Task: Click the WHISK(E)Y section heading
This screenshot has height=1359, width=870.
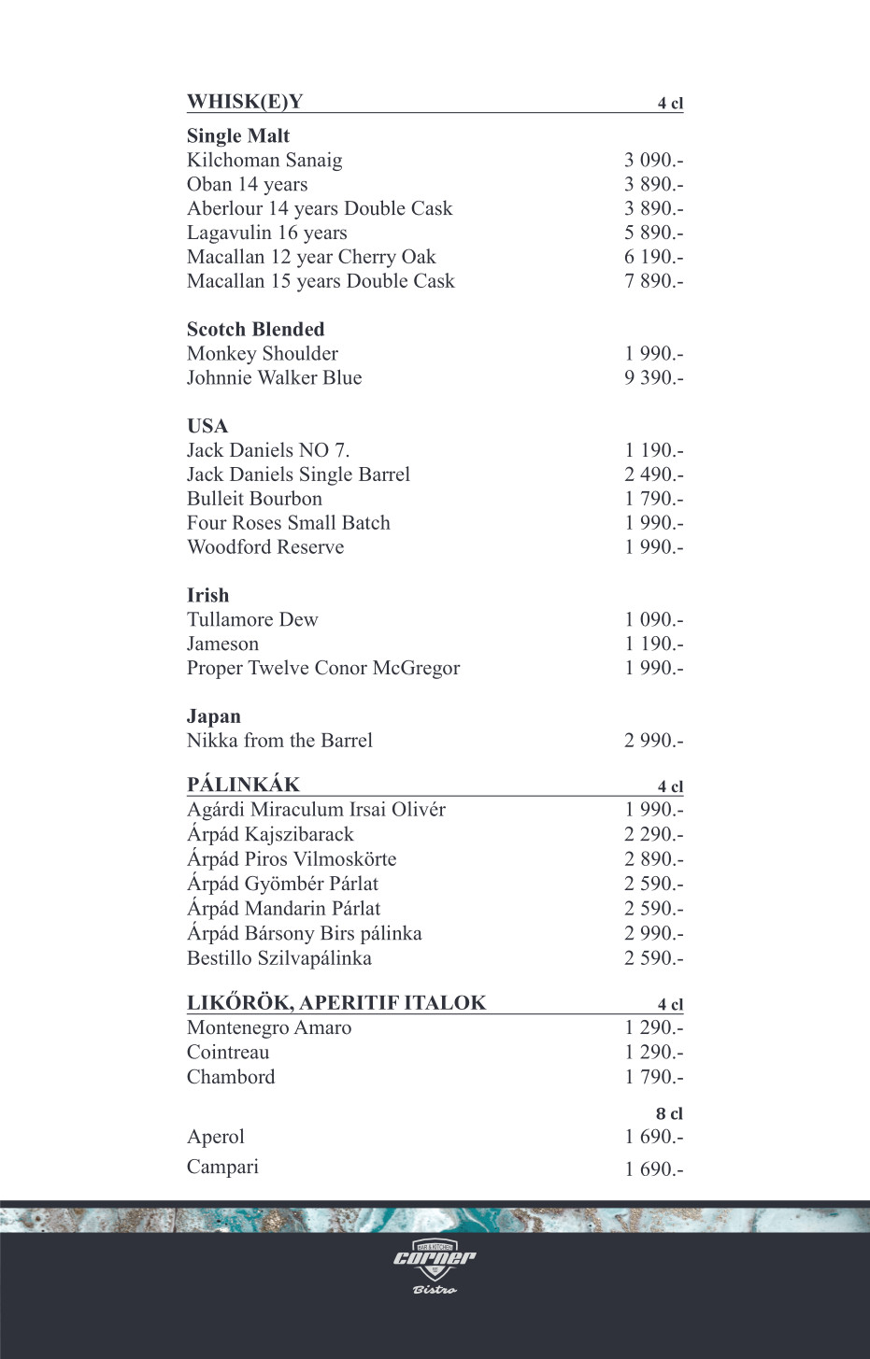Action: pos(245,102)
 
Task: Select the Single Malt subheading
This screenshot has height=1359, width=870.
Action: pos(238,136)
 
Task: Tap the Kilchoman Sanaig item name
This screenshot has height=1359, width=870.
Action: pos(264,161)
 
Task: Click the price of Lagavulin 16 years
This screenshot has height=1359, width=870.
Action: pos(653,233)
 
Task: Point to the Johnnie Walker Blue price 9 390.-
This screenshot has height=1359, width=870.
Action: pos(653,378)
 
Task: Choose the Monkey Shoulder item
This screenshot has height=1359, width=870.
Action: pos(263,354)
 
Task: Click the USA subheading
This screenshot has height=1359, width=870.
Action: pos(207,427)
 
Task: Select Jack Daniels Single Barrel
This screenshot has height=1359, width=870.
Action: pos(298,474)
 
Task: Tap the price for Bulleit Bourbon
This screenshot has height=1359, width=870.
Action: pos(653,499)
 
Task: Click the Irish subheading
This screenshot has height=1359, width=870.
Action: pos(207,596)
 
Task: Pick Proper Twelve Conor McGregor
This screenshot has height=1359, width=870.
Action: pos(323,669)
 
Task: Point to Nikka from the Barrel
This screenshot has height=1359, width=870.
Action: pos(279,741)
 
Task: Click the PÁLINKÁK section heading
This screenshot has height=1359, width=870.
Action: pos(243,785)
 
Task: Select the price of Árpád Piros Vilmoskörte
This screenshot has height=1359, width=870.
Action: pos(653,859)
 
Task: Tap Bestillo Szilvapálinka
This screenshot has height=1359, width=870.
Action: pos(279,958)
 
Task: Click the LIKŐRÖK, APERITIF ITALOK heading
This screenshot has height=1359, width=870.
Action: pos(336,1003)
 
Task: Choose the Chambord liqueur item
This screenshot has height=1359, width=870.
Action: pos(231,1077)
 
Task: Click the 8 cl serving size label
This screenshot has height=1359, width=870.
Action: pos(669,1113)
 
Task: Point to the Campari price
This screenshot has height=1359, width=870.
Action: pos(653,1168)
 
